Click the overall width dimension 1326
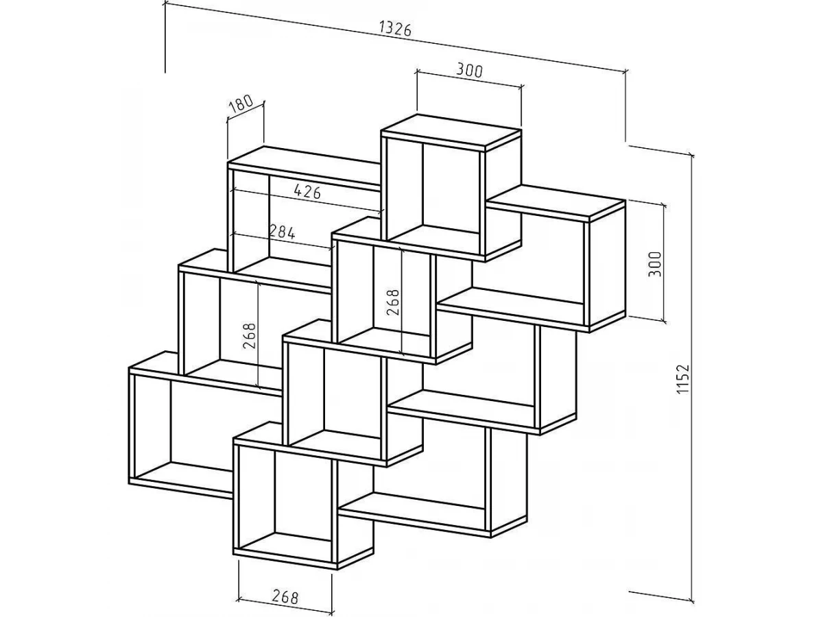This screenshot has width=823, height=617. [x=394, y=29]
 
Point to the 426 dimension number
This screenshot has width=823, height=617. [x=307, y=192]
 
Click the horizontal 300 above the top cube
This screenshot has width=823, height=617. [x=469, y=71]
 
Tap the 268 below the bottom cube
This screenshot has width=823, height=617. [x=285, y=596]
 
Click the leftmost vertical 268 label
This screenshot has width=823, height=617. [x=250, y=336]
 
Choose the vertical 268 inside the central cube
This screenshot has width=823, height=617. [x=393, y=302]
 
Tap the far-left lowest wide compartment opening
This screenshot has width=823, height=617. [x=182, y=428]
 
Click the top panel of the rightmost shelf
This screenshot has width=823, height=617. [x=556, y=202]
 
